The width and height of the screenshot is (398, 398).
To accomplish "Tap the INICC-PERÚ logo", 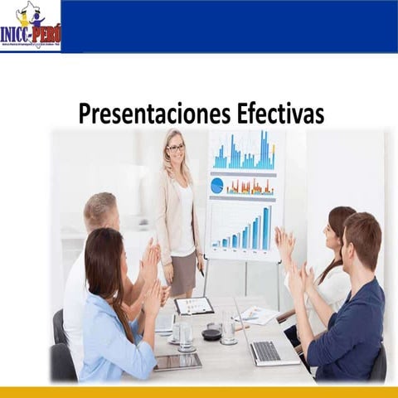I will click(x=30, y=27).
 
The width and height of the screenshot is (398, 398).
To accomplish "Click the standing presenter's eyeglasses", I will click(x=175, y=148).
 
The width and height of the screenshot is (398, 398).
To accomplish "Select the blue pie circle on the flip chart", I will click(x=217, y=185).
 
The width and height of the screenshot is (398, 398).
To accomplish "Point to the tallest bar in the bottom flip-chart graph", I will click(x=266, y=229).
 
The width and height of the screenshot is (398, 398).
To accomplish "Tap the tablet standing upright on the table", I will click(x=193, y=305).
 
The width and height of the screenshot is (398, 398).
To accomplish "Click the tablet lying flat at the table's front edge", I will click(x=177, y=362).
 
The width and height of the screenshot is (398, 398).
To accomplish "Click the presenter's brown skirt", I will click(x=183, y=274).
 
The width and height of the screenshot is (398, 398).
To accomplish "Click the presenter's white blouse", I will click(x=184, y=220).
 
